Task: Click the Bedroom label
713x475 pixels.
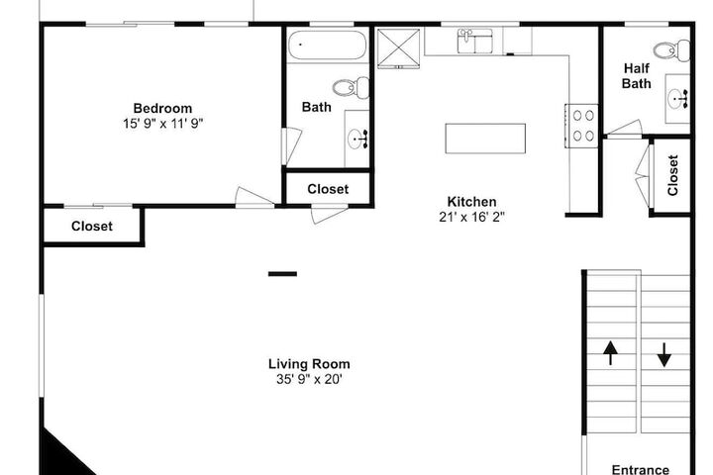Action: coord(162,108)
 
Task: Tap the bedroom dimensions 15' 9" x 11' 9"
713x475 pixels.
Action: coord(162,123)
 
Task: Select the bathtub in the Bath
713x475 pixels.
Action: coord(328,45)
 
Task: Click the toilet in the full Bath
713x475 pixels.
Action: coord(351,88)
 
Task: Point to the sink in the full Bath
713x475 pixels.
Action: coord(357,139)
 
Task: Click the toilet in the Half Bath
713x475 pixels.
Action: coord(671,50)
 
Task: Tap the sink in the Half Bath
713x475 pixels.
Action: coord(677,99)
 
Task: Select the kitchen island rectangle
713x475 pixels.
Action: coord(485,139)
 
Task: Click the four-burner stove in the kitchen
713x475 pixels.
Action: coord(581,126)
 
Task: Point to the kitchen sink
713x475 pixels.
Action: coord(474,41)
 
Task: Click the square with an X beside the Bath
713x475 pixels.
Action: coord(398,48)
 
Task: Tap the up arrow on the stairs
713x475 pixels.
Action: coord(610,353)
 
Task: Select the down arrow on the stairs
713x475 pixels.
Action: coord(663,355)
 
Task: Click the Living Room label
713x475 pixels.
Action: coord(309,364)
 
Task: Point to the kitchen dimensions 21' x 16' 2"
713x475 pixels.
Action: coord(472,217)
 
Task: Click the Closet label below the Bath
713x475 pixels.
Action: coord(328,189)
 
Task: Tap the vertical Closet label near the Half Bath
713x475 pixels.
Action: coord(673,175)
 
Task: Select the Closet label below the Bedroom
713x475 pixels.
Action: coord(92,227)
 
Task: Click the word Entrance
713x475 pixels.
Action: coord(641,469)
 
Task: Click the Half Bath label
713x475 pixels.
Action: coord(636,76)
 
